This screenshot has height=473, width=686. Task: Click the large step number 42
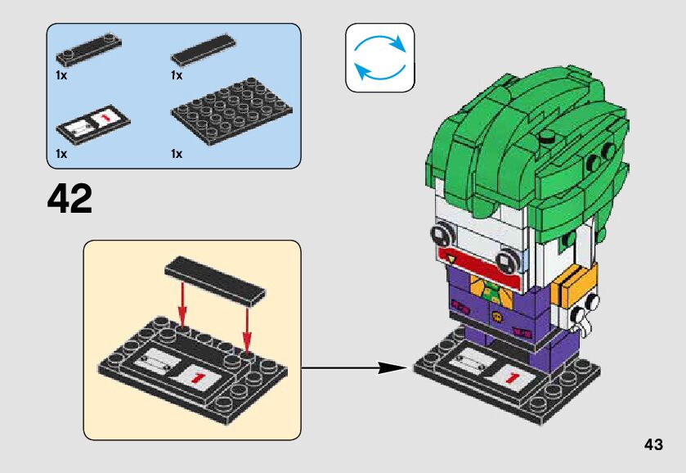tap(70, 198)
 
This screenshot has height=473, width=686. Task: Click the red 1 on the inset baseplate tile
tap(197, 376)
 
